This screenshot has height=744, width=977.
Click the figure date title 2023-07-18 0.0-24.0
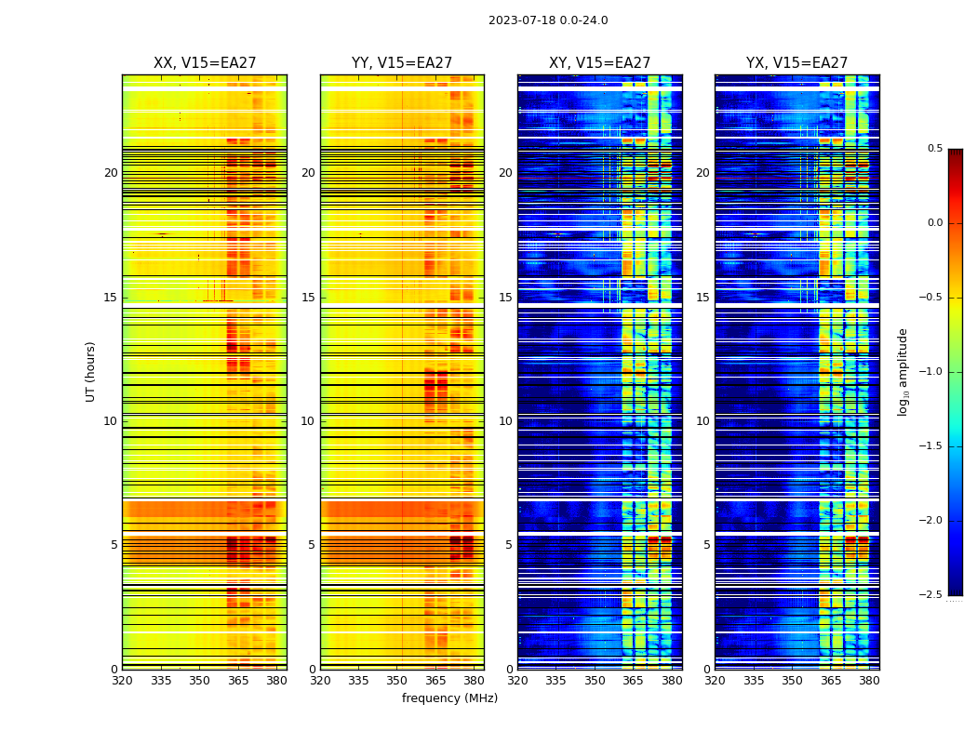coord(548,20)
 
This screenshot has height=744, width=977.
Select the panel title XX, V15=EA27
coord(205,63)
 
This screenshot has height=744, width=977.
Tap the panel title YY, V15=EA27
coord(402,63)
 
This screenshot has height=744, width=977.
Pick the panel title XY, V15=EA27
coord(599,63)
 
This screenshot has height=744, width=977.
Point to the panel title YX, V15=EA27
coord(796,63)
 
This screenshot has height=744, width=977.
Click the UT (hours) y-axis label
coord(90,371)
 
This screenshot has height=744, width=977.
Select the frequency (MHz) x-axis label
coord(449,698)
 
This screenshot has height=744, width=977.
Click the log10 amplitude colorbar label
coord(903,371)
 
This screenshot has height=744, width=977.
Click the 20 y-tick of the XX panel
coord(111,173)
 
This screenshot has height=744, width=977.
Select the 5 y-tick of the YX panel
coord(707,545)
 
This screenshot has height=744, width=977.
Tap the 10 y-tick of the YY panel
coord(308,421)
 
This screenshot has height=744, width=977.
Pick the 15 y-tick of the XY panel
coord(505,298)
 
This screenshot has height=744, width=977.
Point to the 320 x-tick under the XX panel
coord(122,681)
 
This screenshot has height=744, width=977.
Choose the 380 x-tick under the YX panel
coord(869,681)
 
